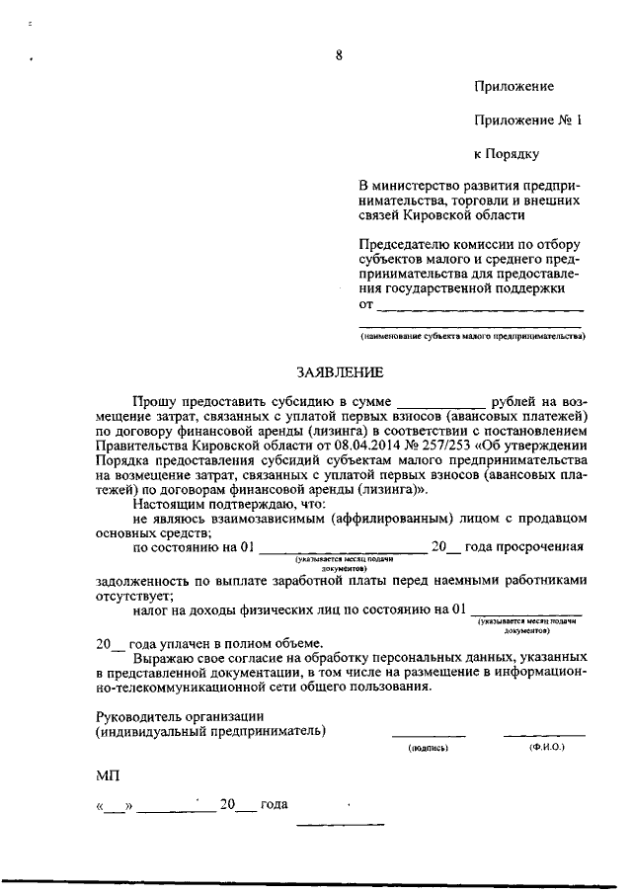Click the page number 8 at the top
(x=339, y=55)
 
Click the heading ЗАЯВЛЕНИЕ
(x=338, y=372)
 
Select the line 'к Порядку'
(x=507, y=153)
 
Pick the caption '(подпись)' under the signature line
(x=429, y=749)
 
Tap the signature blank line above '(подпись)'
(x=429, y=734)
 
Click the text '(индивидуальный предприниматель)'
(x=211, y=731)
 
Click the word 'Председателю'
(x=402, y=244)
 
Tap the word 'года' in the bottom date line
(x=274, y=805)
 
